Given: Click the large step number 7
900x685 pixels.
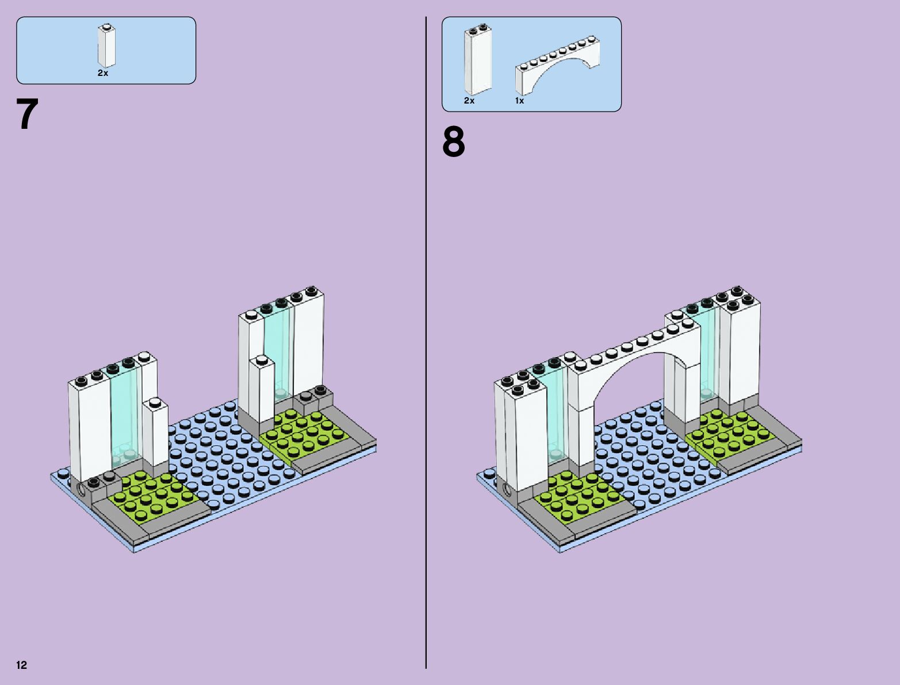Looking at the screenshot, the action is pos(27,114).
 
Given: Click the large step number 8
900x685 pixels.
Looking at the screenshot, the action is pos(453,142).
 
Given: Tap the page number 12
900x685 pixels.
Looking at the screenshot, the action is pos(22,665).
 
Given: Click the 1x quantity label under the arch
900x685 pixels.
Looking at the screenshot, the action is pos(519,101).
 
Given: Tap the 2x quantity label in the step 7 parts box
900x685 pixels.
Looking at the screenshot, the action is pos(103,73).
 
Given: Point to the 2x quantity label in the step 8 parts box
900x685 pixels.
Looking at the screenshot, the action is pos(469,101).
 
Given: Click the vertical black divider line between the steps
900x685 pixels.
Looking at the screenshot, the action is pos(426,345).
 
